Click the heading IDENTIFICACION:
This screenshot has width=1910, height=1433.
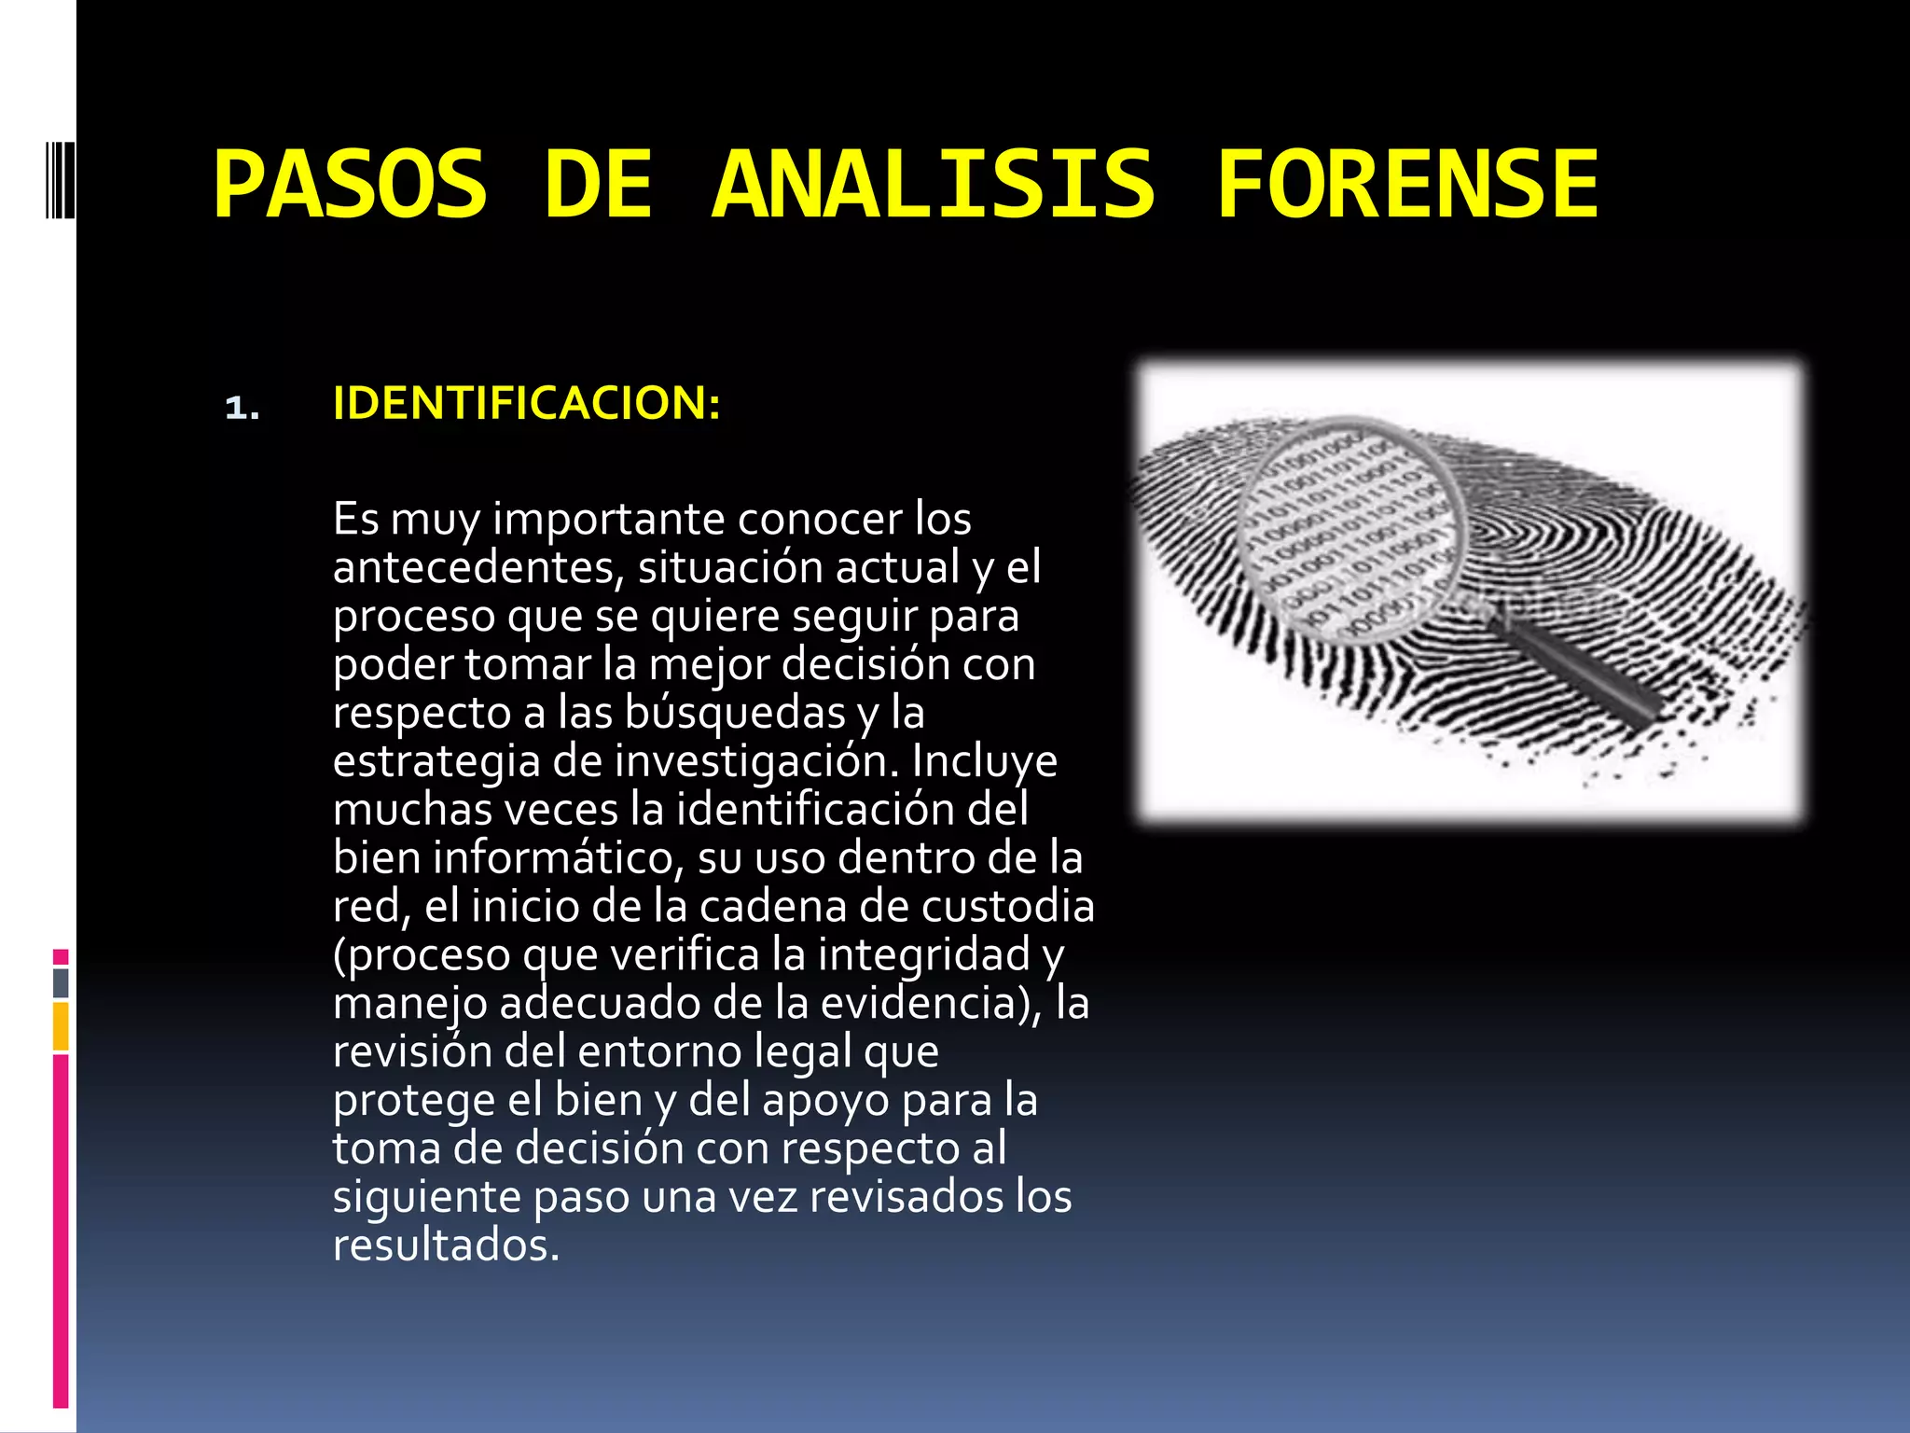pyautogui.click(x=526, y=403)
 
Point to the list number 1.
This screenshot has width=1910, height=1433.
pyautogui.click(x=242, y=408)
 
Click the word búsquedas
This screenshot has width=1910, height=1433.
pyautogui.click(x=735, y=713)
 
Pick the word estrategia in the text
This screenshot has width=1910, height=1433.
pyautogui.click(x=436, y=761)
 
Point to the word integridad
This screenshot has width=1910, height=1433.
pyautogui.click(x=923, y=955)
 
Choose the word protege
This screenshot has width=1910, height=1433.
pyautogui.click(x=414, y=1101)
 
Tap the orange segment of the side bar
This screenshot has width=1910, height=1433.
pyautogui.click(x=61, y=1026)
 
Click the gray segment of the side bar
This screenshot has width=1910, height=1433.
pyautogui.click(x=61, y=982)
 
